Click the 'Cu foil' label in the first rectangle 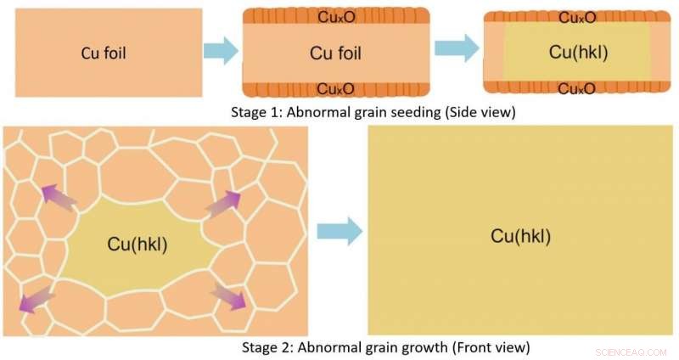click(x=104, y=53)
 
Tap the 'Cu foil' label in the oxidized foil click(x=335, y=53)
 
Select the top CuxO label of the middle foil click(x=336, y=17)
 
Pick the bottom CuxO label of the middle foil click(x=335, y=89)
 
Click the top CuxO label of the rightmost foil click(x=577, y=18)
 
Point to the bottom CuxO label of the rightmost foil click(x=577, y=89)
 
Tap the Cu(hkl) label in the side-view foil click(x=579, y=53)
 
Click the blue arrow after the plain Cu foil click(x=221, y=51)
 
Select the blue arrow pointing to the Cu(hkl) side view click(x=457, y=48)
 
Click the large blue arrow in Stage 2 click(x=339, y=232)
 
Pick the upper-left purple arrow click(x=59, y=197)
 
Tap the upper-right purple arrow click(x=223, y=203)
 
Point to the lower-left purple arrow click(x=37, y=299)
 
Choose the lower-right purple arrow click(x=228, y=296)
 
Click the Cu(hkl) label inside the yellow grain click(x=137, y=244)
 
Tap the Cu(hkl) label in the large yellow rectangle click(x=520, y=237)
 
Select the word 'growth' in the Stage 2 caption click(x=425, y=347)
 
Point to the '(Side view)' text click(x=480, y=112)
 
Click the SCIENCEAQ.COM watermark click(x=631, y=352)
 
